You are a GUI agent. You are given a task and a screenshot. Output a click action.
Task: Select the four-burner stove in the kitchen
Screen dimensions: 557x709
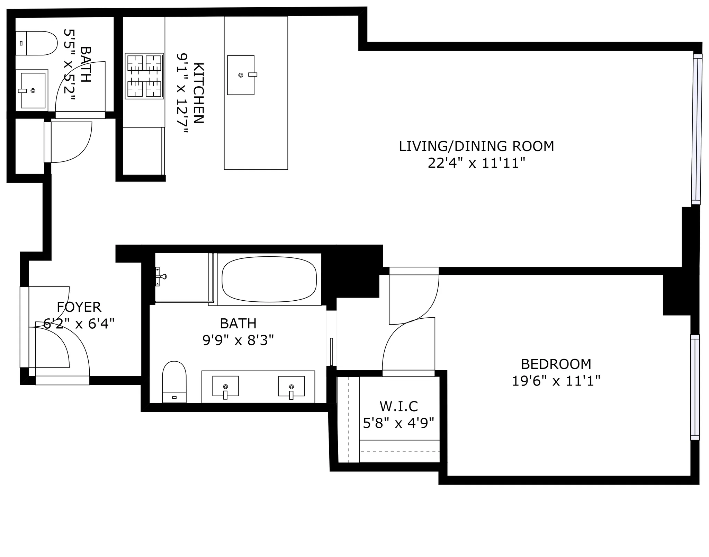pyautogui.click(x=144, y=76)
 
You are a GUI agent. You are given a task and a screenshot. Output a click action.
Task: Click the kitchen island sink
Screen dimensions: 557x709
pyautogui.click(x=241, y=75)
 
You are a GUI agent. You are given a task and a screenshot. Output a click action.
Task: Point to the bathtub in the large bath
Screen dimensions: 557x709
pyautogui.click(x=269, y=279)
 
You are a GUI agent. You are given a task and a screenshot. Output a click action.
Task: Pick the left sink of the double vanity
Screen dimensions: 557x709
pyautogui.click(x=225, y=386)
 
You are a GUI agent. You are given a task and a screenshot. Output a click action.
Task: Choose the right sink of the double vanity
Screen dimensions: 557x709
pyautogui.click(x=291, y=386)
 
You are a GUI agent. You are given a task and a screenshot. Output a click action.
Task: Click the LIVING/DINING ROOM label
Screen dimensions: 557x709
pyautogui.click(x=476, y=146)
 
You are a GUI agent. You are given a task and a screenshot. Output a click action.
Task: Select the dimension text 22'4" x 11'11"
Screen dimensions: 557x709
pyautogui.click(x=476, y=163)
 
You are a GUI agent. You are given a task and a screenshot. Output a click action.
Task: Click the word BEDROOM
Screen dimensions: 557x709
pyautogui.click(x=556, y=364)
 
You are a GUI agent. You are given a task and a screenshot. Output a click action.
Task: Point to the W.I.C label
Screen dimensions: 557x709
pyautogui.click(x=398, y=406)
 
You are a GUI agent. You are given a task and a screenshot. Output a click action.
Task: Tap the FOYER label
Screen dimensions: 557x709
pyautogui.click(x=79, y=307)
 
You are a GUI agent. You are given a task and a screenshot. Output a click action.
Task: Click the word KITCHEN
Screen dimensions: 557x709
pyautogui.click(x=198, y=93)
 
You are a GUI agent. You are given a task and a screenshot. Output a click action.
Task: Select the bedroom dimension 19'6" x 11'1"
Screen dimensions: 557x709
pyautogui.click(x=556, y=381)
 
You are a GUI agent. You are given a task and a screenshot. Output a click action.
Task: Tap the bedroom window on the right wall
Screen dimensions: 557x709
pyautogui.click(x=694, y=387)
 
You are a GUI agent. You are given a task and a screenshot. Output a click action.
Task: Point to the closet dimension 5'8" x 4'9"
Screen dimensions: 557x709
pyautogui.click(x=398, y=423)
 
